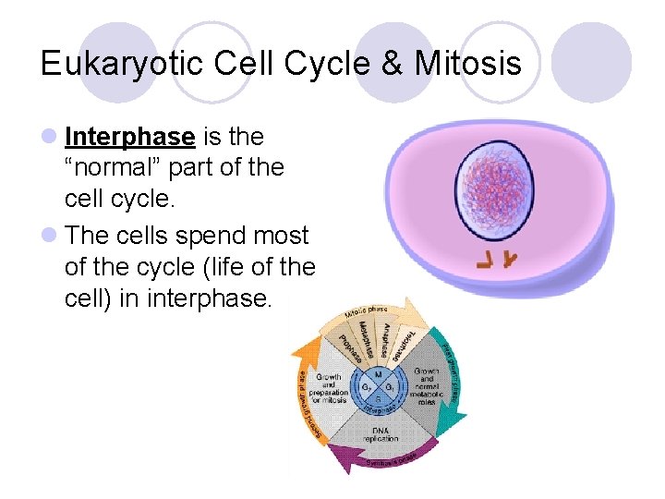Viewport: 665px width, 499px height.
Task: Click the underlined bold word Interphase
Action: pyautogui.click(x=130, y=137)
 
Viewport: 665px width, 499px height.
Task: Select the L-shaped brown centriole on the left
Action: pyautogui.click(x=484, y=262)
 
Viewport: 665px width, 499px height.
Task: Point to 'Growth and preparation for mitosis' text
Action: pyautogui.click(x=330, y=388)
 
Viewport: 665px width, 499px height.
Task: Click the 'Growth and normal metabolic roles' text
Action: pyautogui.click(x=426, y=383)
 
